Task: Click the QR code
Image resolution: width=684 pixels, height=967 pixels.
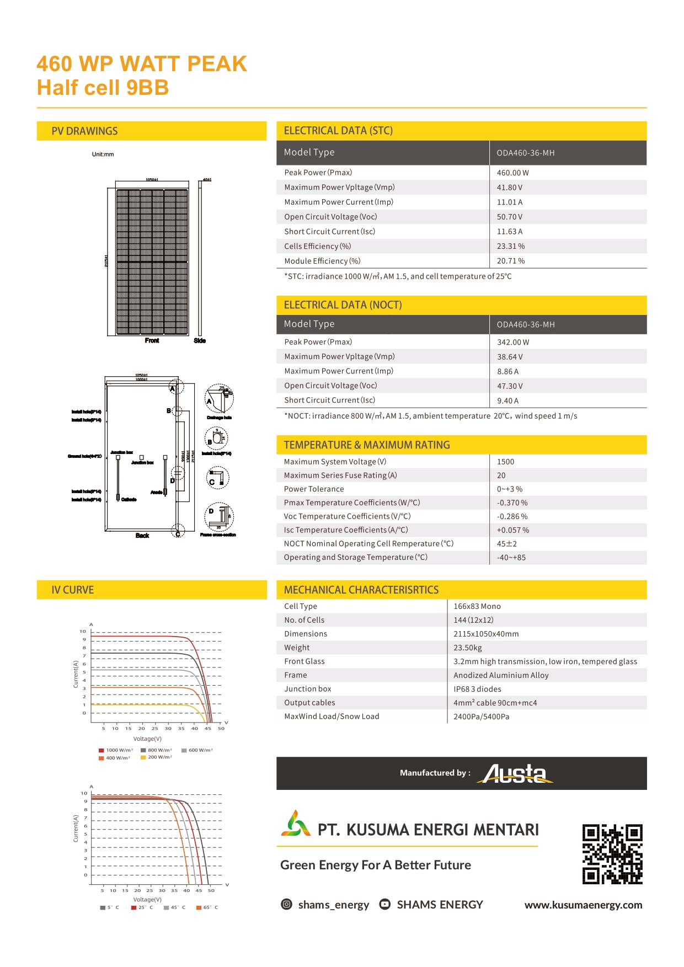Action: pos(612,854)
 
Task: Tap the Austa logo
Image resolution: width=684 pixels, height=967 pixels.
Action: pos(517,773)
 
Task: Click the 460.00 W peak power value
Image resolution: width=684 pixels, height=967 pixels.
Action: pos(512,173)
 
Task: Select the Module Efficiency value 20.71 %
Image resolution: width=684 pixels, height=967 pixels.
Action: pos(510,261)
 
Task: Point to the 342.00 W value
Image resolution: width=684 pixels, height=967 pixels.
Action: pos(512,342)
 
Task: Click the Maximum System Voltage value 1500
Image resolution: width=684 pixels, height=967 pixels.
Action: pos(505,462)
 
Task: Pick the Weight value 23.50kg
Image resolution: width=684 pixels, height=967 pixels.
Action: pos(467,648)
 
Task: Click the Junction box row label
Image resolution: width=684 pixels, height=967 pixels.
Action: pos(308,689)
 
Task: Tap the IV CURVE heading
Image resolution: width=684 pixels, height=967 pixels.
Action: pos(73,590)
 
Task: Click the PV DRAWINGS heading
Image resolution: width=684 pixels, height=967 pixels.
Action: pos(84,131)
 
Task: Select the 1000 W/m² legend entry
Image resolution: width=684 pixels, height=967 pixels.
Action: pos(116,750)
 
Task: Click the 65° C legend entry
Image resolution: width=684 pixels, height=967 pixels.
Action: pos(207,907)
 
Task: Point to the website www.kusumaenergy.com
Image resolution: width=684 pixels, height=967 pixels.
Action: pos(583,905)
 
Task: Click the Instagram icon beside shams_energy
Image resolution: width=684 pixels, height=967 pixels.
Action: pos(287,904)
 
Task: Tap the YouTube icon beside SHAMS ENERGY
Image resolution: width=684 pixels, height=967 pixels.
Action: pos(385,904)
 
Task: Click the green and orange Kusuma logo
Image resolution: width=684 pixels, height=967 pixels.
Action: pos(296,824)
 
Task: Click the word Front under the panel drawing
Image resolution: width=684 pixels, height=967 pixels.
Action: pos(152,340)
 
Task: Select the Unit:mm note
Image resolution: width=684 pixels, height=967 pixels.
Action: pos(103,154)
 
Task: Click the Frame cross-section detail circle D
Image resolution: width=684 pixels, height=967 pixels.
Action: pos(219,517)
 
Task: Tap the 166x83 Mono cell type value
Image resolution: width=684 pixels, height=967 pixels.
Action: pos(477,606)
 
